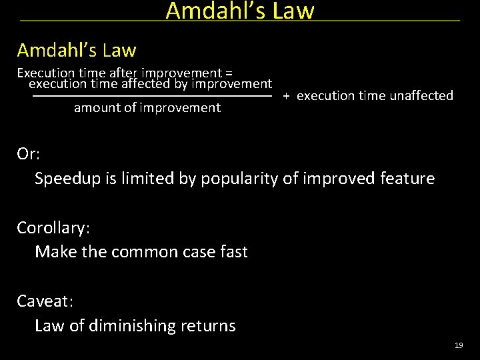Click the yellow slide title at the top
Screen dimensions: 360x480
pos(239,11)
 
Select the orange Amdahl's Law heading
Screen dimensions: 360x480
pos(77,50)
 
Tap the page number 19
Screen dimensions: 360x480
pos(458,345)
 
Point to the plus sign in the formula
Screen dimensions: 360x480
pos(285,96)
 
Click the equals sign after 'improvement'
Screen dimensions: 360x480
pos(229,73)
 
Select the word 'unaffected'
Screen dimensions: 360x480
pos(421,96)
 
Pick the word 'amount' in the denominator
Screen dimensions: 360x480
pos(97,108)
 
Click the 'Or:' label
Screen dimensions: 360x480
pos(29,154)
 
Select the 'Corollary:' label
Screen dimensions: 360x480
pos(53,227)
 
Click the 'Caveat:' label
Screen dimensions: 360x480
pos(45,301)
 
